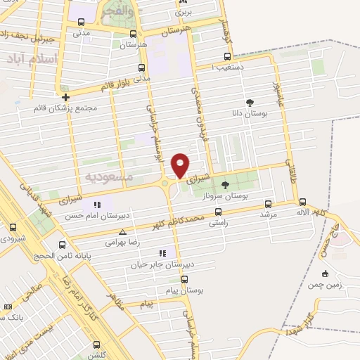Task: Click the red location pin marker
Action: click(181, 165)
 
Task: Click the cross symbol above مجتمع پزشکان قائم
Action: click(65, 98)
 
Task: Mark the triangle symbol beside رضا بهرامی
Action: click(124, 231)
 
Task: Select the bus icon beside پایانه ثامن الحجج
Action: click(63, 245)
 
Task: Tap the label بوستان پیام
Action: click(186, 290)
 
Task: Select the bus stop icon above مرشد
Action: click(267, 203)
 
